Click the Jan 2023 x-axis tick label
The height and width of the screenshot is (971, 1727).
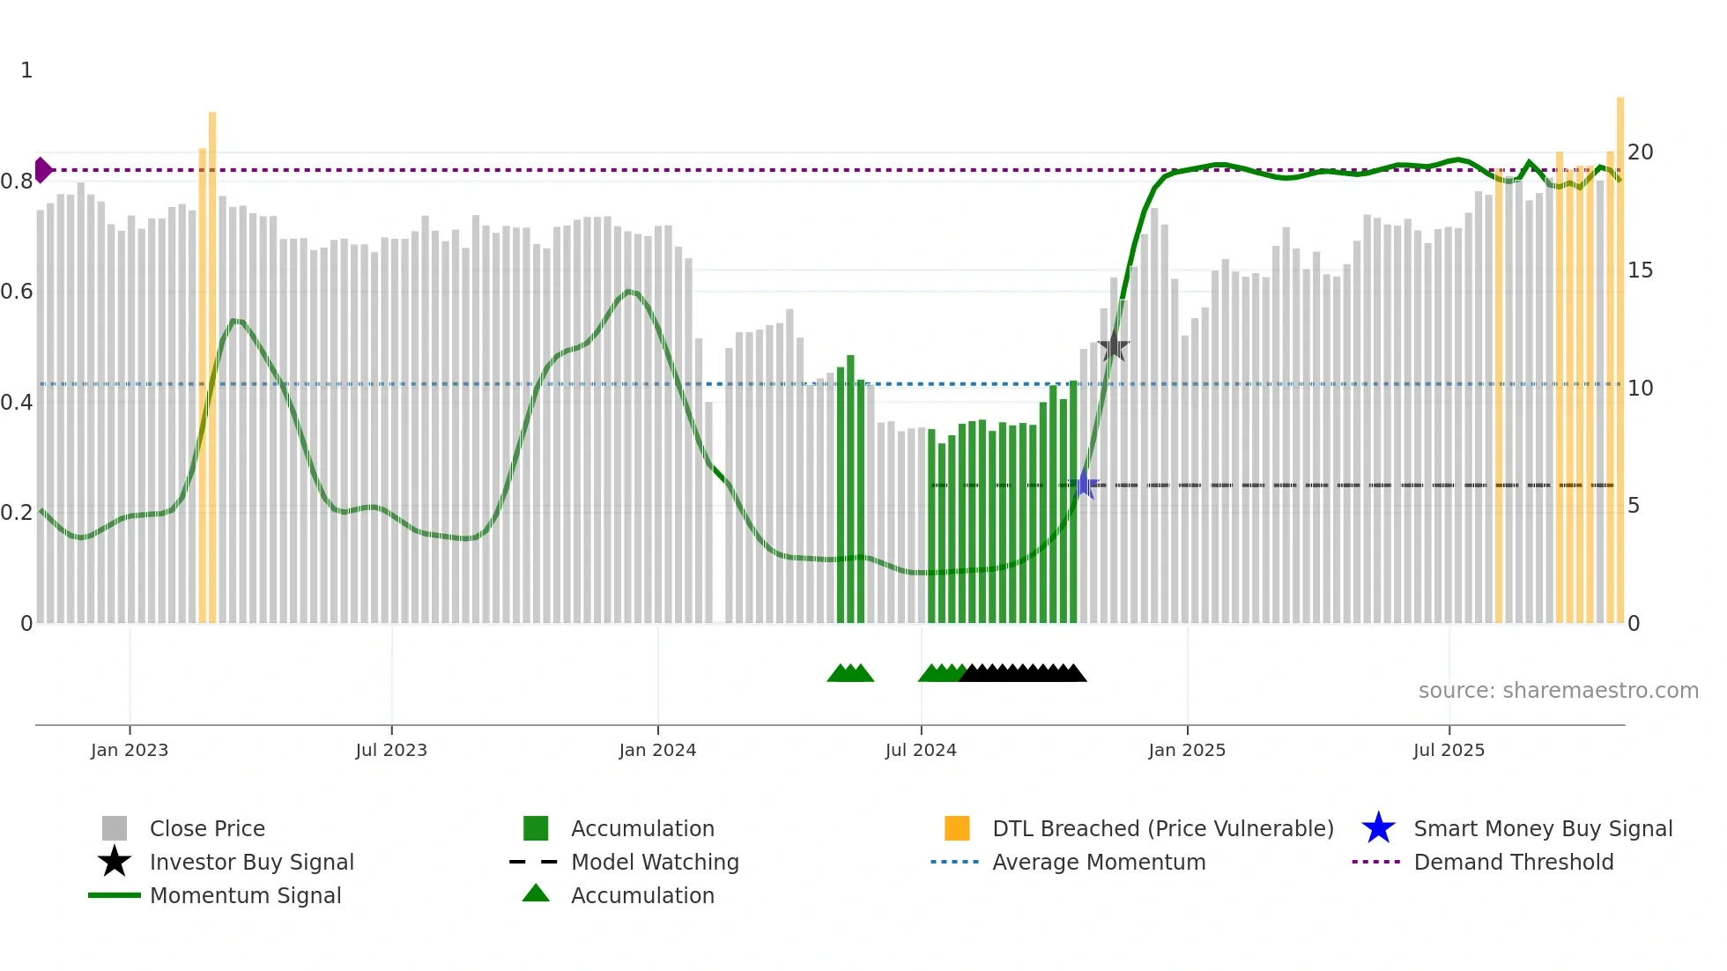point(129,750)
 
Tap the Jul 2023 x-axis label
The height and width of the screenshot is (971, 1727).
point(391,750)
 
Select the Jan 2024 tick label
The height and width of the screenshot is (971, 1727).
point(657,750)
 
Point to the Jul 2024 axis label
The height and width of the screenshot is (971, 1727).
point(921,750)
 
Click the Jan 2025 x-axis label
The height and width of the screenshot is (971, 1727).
point(1187,750)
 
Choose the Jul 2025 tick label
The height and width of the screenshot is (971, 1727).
point(1449,750)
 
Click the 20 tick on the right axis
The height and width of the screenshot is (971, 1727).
point(1640,152)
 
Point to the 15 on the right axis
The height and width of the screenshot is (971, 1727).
point(1640,271)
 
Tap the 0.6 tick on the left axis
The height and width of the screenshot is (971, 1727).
point(17,292)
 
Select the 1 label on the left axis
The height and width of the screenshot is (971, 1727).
point(26,70)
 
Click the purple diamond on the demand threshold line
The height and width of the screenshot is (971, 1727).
point(42,170)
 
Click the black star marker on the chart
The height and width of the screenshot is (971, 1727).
point(1114,345)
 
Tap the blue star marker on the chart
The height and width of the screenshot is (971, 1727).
point(1085,485)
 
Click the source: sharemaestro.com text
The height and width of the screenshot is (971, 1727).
point(1558,691)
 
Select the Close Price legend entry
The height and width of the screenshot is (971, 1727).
point(206,828)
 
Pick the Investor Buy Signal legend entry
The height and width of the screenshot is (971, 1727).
point(251,862)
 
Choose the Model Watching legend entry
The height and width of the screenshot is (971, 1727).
point(654,862)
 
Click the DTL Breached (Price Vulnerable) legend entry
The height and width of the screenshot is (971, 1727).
point(1162,828)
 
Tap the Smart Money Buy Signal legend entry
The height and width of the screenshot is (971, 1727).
point(1542,828)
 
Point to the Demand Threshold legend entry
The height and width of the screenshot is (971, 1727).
point(1513,862)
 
